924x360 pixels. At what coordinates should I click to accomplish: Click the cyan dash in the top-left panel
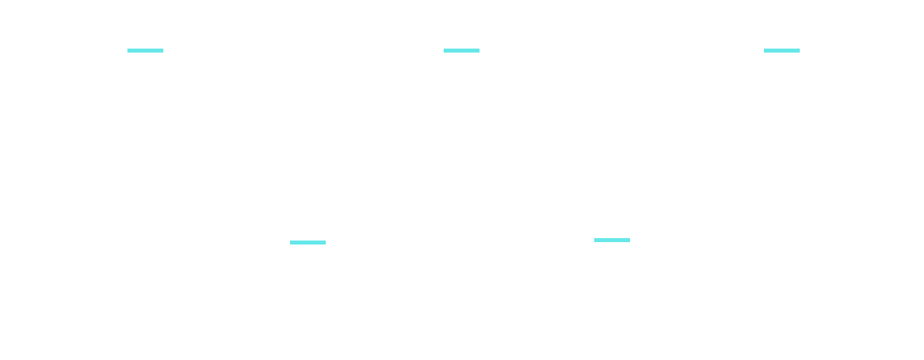(x=145, y=50)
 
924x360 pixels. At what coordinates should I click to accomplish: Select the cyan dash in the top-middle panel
(x=461, y=50)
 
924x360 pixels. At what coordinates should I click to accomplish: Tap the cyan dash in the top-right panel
(x=781, y=50)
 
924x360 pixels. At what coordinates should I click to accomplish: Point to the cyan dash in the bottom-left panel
(x=307, y=242)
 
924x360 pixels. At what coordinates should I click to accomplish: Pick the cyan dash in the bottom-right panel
(x=612, y=240)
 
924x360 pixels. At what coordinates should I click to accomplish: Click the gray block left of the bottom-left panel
(x=77, y=263)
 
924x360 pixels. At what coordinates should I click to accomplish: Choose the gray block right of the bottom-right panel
(x=844, y=263)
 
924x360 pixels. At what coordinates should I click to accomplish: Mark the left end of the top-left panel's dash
(x=128, y=50)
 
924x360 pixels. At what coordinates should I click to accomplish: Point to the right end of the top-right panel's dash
(x=799, y=50)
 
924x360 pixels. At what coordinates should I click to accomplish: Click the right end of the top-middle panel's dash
(x=479, y=50)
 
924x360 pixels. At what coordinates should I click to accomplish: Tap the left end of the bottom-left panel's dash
(x=291, y=242)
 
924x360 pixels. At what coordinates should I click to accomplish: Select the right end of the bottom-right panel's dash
(x=629, y=240)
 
